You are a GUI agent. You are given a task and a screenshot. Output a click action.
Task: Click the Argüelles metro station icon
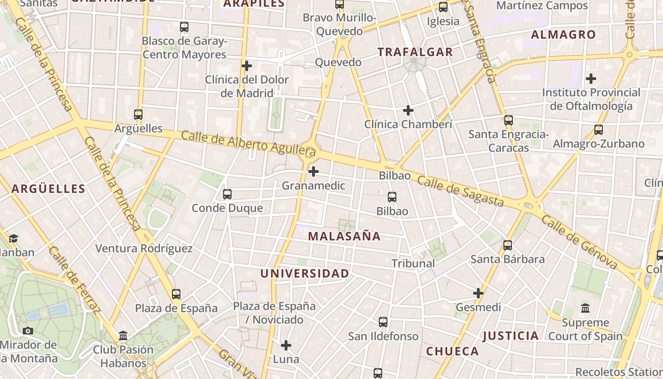(138, 115)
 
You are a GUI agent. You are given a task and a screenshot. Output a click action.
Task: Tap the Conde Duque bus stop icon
(227, 194)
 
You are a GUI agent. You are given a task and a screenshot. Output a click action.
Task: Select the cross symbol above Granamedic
(314, 171)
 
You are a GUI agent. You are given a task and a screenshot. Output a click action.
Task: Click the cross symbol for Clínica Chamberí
(408, 111)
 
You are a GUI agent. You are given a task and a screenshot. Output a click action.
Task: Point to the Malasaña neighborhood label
(344, 236)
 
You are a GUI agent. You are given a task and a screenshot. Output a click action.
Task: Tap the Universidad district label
(305, 273)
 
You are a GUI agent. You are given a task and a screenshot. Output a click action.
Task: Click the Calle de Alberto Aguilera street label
(248, 144)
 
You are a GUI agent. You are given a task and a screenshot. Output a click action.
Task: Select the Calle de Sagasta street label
(460, 192)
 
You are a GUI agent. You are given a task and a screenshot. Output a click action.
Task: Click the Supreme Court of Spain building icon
(585, 308)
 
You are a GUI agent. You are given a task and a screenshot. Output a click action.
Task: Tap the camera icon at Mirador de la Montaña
(28, 331)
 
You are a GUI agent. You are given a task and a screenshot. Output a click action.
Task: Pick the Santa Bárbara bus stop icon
(508, 245)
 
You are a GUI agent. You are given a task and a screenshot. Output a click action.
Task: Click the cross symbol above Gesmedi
(478, 293)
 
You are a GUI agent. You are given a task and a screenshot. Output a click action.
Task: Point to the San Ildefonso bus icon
(383, 322)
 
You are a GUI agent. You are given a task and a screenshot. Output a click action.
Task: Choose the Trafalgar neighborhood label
(415, 52)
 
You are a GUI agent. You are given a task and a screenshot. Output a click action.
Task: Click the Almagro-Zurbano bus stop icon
(599, 130)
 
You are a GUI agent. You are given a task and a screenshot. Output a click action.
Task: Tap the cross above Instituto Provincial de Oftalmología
(591, 79)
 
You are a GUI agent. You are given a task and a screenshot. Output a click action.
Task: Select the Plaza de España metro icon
(176, 294)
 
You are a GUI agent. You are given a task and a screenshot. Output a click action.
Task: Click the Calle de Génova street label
(579, 242)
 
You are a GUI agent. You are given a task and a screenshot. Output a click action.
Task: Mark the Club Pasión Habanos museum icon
(123, 336)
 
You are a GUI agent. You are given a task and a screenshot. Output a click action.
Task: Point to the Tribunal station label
(413, 263)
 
